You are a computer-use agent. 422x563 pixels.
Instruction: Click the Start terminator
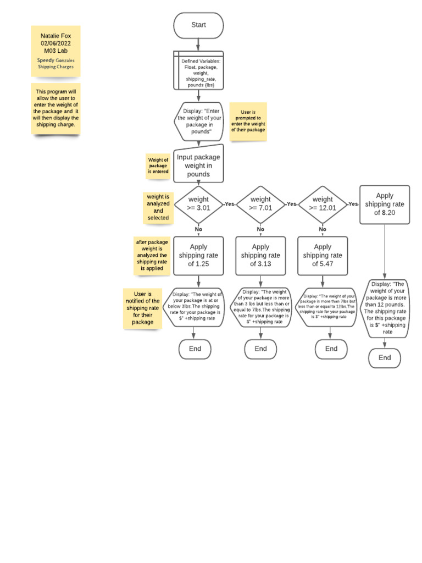point(198,25)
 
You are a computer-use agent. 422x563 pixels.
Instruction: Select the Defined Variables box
point(198,70)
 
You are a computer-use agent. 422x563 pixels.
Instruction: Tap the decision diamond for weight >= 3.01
point(198,203)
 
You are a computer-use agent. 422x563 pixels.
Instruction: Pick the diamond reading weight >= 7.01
point(260,203)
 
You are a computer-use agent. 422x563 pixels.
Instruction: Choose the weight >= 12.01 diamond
point(323,203)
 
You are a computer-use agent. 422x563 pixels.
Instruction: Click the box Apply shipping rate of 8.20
point(385,204)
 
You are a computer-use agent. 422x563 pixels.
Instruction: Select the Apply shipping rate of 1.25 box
point(198,256)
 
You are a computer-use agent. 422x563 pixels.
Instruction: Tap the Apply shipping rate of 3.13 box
point(260,256)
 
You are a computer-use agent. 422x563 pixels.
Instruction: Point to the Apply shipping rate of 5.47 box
point(323,256)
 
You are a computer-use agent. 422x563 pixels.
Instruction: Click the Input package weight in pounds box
point(198,165)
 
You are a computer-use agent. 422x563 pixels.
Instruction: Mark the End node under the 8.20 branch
point(385,358)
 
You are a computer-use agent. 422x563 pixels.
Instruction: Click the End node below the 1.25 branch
point(195,349)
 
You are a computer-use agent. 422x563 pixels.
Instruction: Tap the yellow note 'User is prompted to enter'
point(248,122)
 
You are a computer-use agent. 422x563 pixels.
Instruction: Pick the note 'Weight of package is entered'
point(158,165)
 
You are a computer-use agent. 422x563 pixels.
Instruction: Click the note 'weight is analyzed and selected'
point(158,207)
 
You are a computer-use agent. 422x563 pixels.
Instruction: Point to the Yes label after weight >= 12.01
point(353,203)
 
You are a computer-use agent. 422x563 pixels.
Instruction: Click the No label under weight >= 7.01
point(260,229)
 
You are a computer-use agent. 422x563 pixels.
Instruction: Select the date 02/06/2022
point(55,43)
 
